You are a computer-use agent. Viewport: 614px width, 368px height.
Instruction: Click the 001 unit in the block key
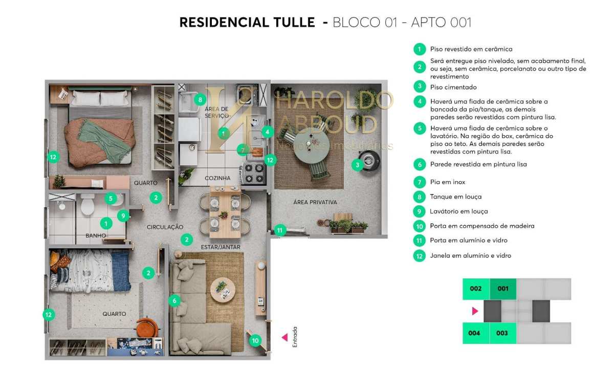(503, 289)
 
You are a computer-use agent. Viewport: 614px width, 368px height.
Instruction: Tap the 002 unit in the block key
(476, 289)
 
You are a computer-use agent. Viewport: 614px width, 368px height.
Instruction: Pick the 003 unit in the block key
(502, 333)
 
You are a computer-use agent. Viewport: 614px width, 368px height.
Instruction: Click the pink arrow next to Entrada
(284, 337)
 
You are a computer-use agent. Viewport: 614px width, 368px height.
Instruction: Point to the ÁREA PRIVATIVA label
(315, 202)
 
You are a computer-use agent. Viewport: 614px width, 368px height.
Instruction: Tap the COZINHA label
(218, 178)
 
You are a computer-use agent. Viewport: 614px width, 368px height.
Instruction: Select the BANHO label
(96, 235)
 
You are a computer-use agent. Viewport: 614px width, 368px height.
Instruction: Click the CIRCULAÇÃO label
(165, 227)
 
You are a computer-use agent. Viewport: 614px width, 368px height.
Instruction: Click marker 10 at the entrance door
(255, 339)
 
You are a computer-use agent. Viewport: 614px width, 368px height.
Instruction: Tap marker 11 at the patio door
(279, 230)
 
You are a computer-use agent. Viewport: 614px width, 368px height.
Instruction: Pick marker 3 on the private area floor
(357, 164)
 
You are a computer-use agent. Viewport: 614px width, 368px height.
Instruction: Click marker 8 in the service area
(200, 99)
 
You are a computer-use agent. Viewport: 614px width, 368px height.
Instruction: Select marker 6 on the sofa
(174, 300)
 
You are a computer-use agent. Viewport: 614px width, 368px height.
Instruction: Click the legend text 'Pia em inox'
(448, 182)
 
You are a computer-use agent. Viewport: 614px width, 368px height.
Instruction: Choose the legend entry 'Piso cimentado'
(453, 87)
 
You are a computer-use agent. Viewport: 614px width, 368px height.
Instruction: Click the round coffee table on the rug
(223, 288)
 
